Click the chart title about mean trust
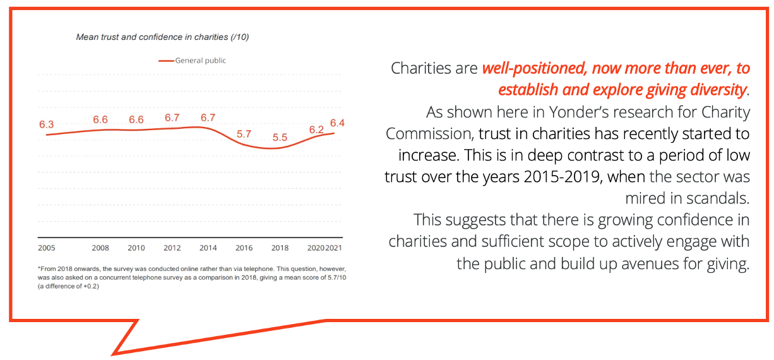162,37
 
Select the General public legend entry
192,61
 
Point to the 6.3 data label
46,124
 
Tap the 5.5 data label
280,138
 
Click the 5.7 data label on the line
244,134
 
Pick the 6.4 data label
336,123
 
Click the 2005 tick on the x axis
46,248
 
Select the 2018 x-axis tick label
280,248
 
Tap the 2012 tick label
172,248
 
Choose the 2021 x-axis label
334,248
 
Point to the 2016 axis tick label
244,248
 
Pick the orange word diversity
717,90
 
